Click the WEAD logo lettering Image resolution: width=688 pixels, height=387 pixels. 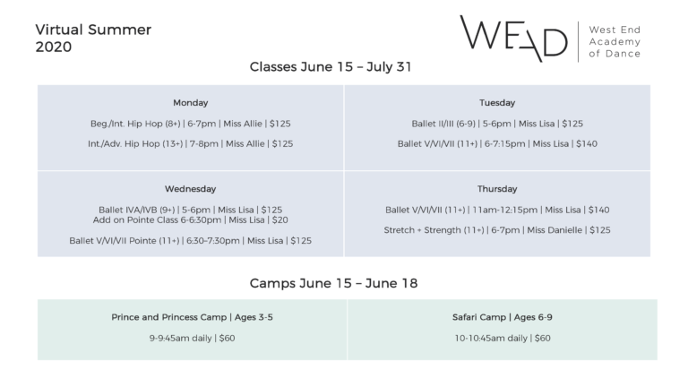(x=513, y=39)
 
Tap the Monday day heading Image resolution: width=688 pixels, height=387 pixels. (x=191, y=103)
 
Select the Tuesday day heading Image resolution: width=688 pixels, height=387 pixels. (x=497, y=103)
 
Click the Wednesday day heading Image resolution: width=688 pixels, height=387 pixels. (x=191, y=189)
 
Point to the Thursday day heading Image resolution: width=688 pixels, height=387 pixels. (x=497, y=189)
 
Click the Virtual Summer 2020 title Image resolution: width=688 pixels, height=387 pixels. (x=93, y=39)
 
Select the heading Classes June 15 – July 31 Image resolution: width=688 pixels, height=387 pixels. (x=331, y=66)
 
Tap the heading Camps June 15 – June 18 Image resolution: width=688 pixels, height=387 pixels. (x=333, y=283)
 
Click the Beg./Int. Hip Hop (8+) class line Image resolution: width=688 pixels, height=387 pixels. (x=191, y=124)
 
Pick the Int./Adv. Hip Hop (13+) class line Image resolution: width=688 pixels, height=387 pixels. (x=191, y=144)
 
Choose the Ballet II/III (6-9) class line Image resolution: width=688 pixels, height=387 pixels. (x=497, y=124)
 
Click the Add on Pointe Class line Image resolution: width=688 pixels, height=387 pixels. (x=191, y=219)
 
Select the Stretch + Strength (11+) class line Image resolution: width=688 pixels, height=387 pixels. (x=497, y=230)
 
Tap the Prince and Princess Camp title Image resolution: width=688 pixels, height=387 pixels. (x=192, y=317)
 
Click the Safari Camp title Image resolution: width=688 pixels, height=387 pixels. (x=503, y=317)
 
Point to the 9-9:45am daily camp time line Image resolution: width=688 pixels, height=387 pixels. (x=192, y=339)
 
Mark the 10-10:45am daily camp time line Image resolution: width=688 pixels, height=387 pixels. (x=503, y=339)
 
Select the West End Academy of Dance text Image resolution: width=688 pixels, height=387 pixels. (x=615, y=42)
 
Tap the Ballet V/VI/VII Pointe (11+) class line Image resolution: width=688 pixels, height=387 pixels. (x=191, y=240)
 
